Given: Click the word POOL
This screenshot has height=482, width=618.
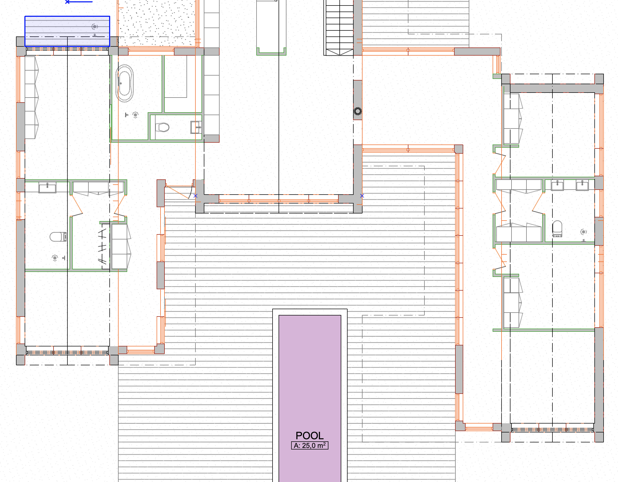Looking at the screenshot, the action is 310,436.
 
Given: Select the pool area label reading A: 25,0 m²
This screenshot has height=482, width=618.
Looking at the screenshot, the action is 310,446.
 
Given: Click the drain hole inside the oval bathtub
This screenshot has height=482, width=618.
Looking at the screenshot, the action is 121,83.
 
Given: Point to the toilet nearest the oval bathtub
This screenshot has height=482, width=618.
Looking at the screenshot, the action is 162,127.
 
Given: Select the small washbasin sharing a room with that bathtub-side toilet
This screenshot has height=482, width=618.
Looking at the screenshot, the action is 196,127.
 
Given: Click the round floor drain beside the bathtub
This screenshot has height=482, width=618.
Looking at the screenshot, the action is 135,115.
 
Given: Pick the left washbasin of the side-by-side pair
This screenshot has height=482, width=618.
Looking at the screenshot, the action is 557,185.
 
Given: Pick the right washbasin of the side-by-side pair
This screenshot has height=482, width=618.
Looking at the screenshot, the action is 582,185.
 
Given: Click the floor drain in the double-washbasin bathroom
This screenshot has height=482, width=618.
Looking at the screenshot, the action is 583,232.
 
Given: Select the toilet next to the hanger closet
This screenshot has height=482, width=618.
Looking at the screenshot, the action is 58,237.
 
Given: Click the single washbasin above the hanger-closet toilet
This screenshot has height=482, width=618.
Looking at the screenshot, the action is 47,187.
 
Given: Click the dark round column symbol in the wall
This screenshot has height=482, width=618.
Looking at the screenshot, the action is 358,111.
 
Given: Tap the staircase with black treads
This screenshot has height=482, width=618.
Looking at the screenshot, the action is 339,28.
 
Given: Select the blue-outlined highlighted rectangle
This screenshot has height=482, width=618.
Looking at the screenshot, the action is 67,31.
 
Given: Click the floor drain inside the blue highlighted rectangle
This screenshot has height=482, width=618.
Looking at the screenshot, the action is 94,26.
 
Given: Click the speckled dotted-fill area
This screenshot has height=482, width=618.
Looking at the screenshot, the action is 157,23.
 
